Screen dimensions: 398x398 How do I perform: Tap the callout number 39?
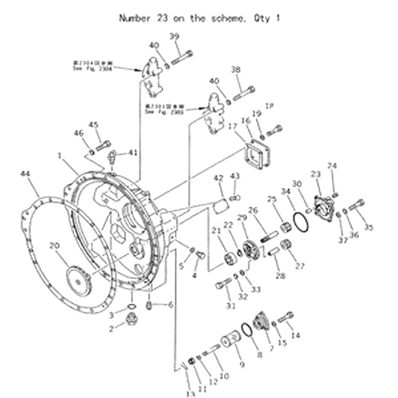point(174,36)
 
